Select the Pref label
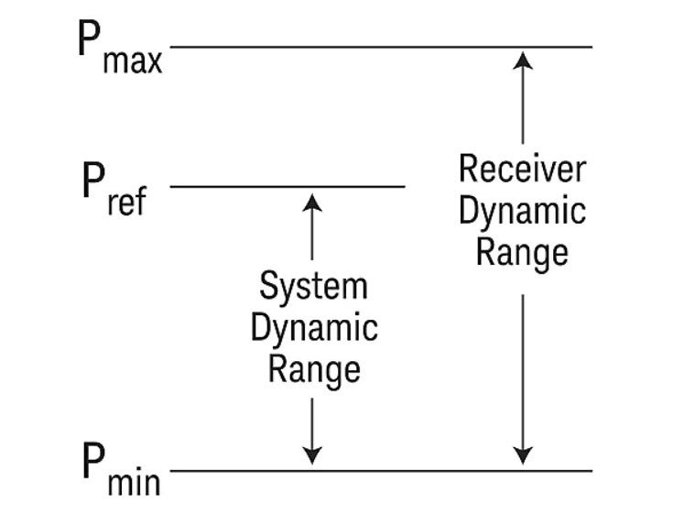[113, 188]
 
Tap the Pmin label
[120, 471]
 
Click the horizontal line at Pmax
[381, 46]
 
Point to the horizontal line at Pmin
[381, 472]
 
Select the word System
[313, 286]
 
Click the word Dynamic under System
[313, 328]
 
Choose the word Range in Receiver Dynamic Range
[522, 252]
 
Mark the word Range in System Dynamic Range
[313, 369]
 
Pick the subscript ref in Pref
[126, 202]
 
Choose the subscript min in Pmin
[134, 483]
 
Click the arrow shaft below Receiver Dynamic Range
[522, 367]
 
